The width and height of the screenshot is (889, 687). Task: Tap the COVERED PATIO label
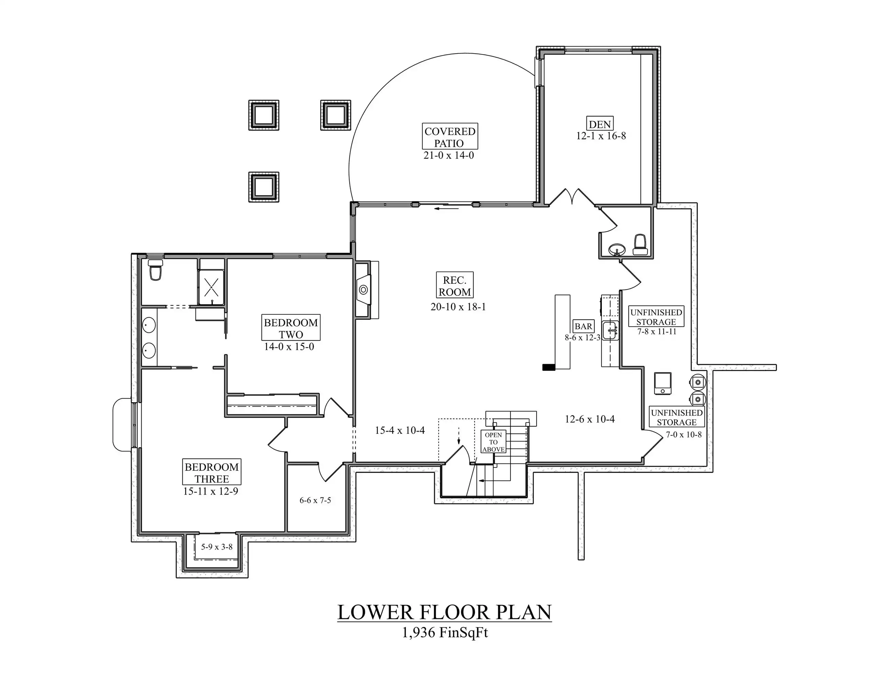(449, 137)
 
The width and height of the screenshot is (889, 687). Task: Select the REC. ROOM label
(455, 286)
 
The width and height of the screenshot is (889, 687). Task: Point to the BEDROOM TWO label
(291, 328)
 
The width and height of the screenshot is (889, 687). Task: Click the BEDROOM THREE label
(212, 473)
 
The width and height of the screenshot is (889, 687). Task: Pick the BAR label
(583, 326)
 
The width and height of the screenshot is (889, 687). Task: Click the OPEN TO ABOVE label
(493, 442)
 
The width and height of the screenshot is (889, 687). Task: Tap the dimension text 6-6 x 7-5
(315, 500)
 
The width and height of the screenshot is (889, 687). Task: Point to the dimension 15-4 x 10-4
(400, 430)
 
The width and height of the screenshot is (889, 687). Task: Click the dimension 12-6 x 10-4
(590, 419)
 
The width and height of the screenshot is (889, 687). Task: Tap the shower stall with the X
(211, 287)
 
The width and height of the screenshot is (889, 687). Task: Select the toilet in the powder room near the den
(640, 245)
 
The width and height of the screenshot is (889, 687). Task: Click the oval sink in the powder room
(617, 249)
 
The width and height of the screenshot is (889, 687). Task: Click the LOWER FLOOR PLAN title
(444, 612)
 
